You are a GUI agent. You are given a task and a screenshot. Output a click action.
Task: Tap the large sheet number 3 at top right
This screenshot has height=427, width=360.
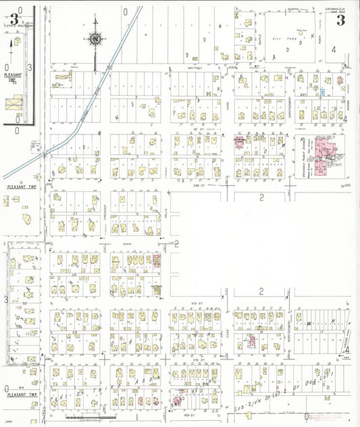pos(341,20)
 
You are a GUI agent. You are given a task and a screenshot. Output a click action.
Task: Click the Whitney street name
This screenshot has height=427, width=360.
pos(196,68)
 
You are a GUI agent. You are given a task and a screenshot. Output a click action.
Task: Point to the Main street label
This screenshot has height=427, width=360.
pos(126,243)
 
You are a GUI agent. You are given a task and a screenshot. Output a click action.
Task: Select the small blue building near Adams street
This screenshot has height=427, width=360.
pos(323,91)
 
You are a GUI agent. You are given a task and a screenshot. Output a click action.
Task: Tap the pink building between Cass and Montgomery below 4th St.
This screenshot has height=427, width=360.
pos(251,340)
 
